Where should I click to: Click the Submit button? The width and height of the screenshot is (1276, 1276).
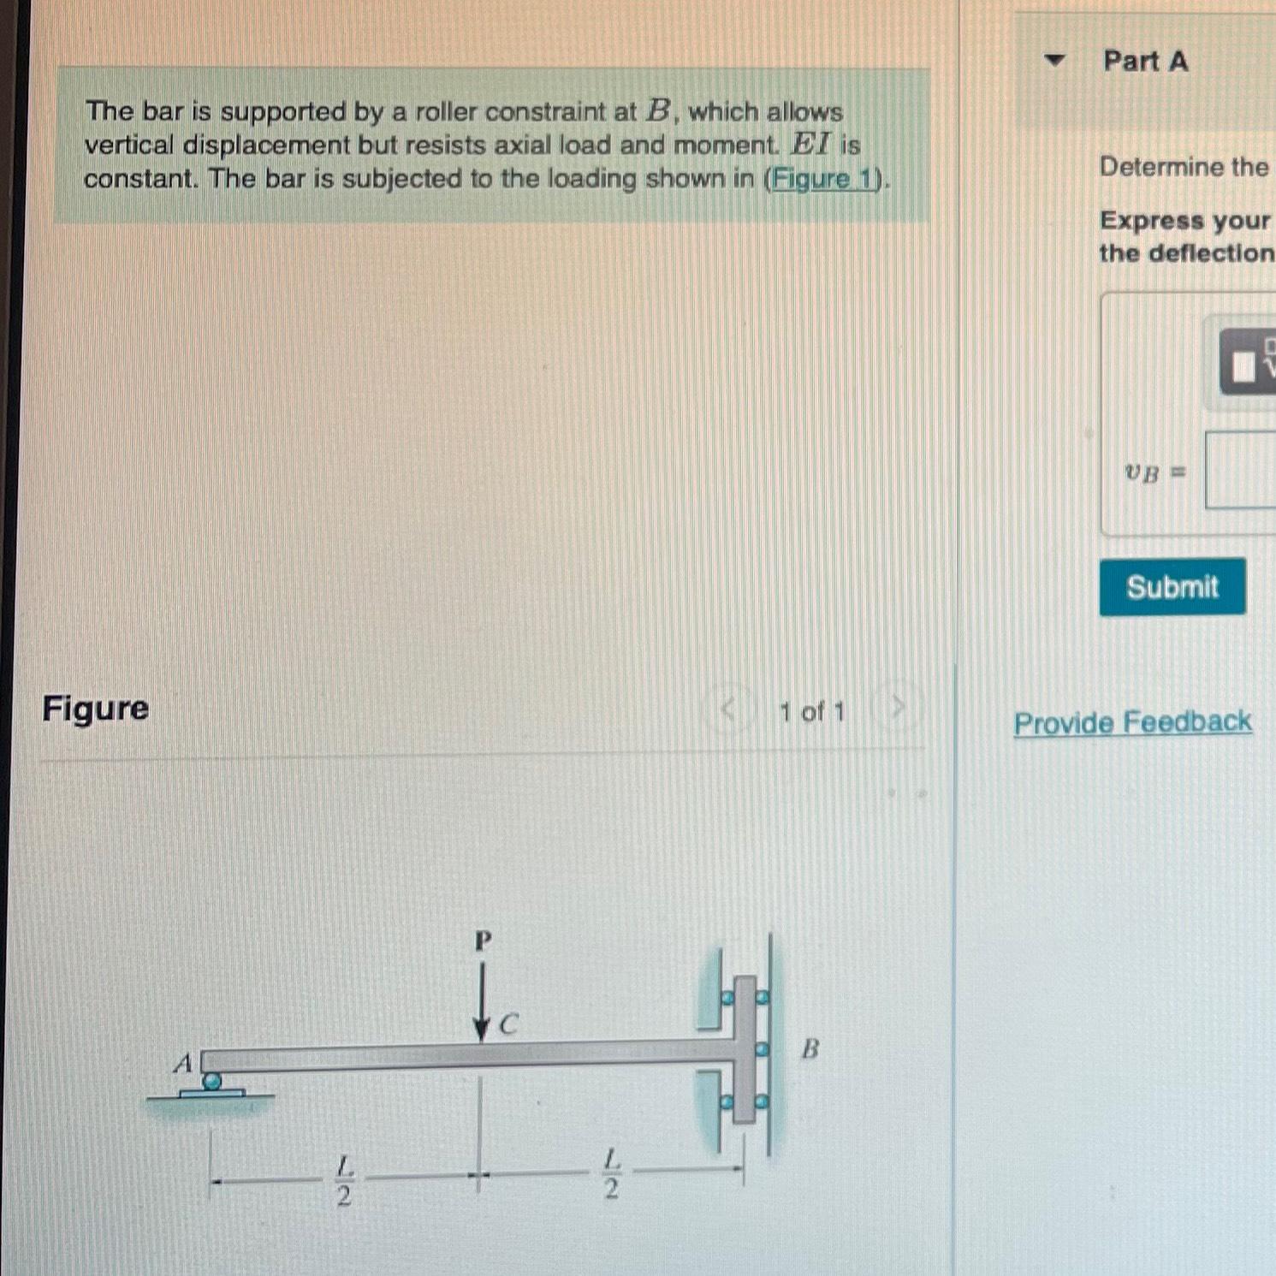click(1172, 587)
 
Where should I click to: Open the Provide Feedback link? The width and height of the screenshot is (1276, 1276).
click(1132, 722)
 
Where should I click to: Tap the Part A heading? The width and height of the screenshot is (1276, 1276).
click(1145, 62)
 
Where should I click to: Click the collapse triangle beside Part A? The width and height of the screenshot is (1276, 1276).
click(1054, 61)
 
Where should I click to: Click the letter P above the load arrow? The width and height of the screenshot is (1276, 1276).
click(484, 941)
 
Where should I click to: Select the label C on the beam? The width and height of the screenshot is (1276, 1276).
click(508, 1024)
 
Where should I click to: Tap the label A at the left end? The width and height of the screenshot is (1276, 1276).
click(183, 1063)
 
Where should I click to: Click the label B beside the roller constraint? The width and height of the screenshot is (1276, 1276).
click(810, 1048)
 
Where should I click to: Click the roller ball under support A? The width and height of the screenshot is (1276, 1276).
click(211, 1082)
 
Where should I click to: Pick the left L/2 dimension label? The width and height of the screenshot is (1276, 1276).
click(344, 1180)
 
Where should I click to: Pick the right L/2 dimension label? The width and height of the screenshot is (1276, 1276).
click(611, 1174)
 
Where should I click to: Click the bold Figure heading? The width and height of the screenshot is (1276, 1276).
click(96, 709)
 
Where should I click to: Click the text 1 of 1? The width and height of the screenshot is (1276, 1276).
click(811, 711)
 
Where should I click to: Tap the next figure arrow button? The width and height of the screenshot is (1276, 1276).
click(897, 708)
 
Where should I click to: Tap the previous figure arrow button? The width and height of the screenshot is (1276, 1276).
click(728, 709)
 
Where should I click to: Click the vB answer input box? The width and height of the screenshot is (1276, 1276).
click(1241, 470)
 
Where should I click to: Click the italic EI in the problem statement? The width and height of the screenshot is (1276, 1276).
click(810, 144)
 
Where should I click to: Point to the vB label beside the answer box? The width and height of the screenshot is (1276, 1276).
click(1143, 472)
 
